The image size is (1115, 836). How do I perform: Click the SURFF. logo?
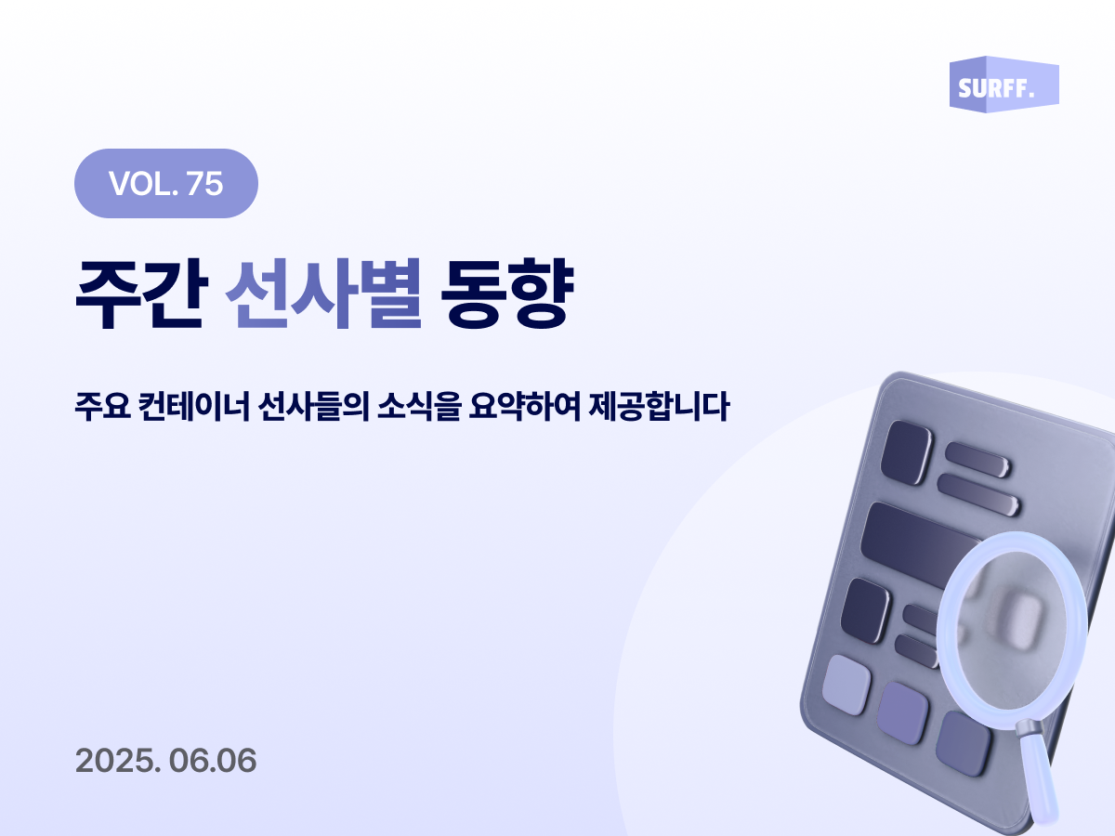1003,85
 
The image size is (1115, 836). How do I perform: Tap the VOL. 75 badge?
165,183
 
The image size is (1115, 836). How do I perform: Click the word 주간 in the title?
138,295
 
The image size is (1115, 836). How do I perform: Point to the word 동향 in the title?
505,295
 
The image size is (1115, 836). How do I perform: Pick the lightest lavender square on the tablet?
846,684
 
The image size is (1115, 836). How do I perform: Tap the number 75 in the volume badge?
204,183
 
